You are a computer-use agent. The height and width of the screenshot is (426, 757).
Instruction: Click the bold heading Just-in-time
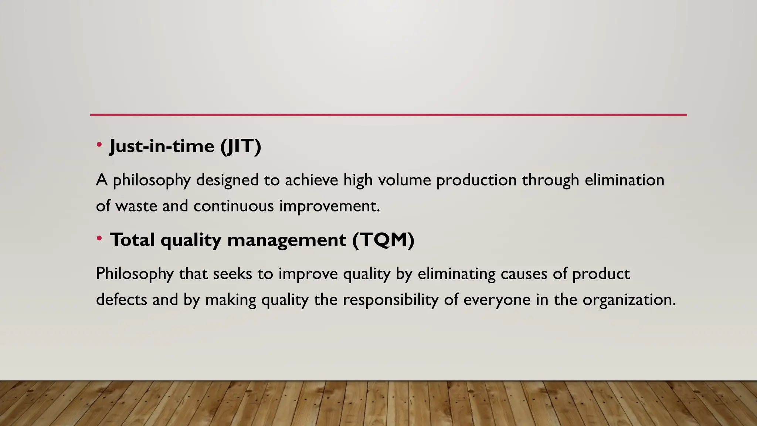click(x=162, y=146)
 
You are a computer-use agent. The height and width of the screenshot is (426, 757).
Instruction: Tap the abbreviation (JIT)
click(x=241, y=146)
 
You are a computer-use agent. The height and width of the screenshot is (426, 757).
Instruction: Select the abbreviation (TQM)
click(x=383, y=240)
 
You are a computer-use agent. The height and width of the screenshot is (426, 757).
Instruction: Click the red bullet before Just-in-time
click(x=99, y=145)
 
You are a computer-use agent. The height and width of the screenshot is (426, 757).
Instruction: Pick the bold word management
click(x=287, y=240)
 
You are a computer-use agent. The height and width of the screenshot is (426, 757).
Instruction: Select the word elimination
click(x=624, y=180)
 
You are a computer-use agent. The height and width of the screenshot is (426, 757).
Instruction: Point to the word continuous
click(x=234, y=206)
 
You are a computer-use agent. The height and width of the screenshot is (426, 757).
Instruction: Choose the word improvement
click(x=329, y=206)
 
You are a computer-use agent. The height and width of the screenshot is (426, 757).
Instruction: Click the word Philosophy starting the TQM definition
click(x=135, y=274)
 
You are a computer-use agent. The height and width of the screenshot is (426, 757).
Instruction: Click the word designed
click(x=227, y=180)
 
